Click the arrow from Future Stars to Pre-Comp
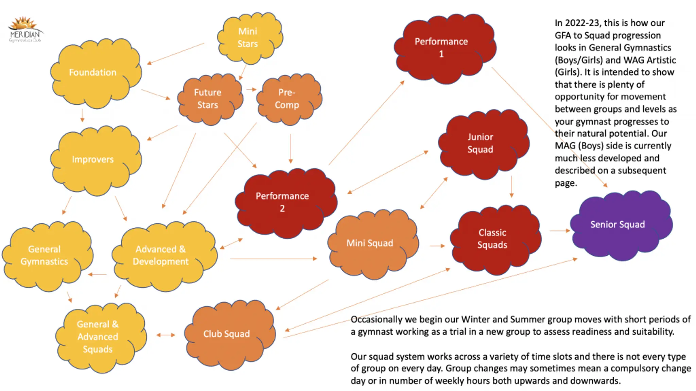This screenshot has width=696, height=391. [251, 90]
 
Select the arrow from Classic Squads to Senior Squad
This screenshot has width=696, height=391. [559, 231]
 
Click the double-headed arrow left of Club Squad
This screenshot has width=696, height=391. [166, 335]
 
